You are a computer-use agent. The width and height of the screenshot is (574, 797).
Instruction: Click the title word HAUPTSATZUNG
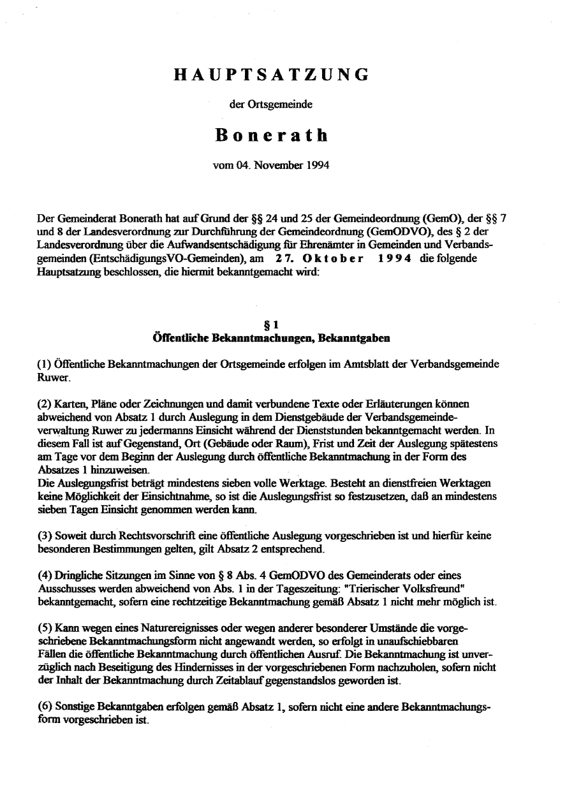tap(271, 75)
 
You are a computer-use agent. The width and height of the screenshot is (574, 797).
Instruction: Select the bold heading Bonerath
tap(271, 135)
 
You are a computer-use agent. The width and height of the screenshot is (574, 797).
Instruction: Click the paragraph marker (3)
tap(45, 536)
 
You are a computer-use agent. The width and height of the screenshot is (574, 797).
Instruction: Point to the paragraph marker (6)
tap(45, 707)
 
